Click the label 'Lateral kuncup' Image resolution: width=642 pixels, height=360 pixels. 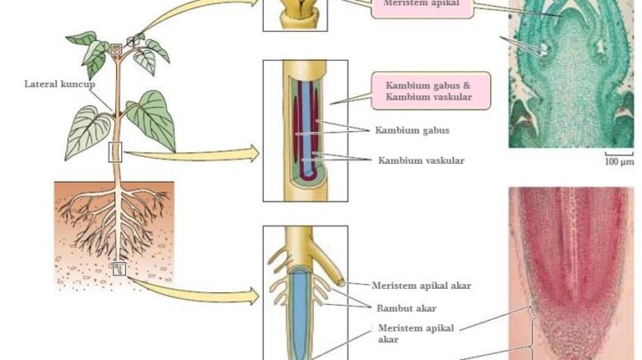pos(60,85)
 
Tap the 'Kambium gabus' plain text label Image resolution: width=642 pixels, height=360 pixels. pos(412,130)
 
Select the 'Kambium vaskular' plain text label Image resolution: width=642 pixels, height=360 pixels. pos(421,160)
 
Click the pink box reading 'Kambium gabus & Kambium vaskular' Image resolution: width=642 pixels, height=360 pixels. pos(431,91)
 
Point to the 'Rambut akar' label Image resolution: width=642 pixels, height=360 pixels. pos(407,308)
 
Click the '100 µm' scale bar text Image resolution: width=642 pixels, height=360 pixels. pos(619,162)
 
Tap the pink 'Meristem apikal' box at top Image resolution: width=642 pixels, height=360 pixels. pos(422,7)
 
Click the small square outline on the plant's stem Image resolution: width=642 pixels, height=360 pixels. pos(115,152)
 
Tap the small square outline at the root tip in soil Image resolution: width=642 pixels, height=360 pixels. pos(119,268)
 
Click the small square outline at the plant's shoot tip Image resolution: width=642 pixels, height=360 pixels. pos(116,49)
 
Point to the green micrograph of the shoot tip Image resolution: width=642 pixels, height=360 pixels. pos(572,74)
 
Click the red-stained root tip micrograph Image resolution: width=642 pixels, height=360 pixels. pos(572,274)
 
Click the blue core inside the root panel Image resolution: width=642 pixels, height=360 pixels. pos(300,315)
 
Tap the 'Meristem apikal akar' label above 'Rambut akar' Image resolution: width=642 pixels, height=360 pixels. pos(421,285)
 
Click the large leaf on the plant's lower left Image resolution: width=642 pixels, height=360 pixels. pos(87,131)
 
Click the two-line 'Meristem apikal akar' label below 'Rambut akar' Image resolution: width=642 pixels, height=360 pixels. pos(416,333)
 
